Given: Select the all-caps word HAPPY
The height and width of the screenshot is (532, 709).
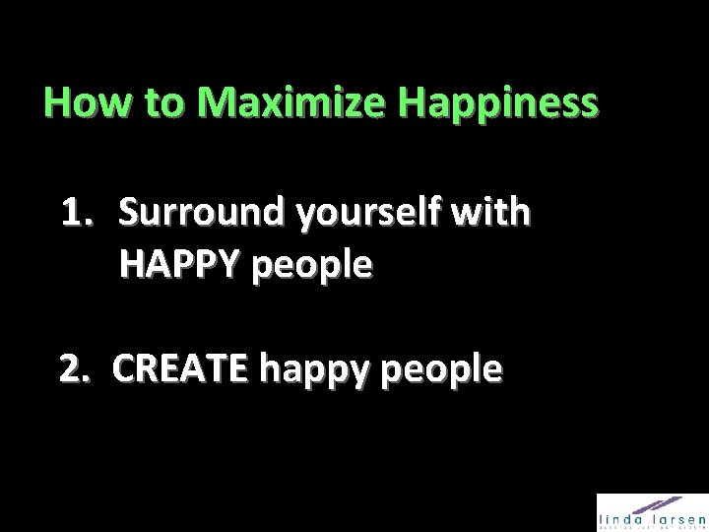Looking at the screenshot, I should (181, 266).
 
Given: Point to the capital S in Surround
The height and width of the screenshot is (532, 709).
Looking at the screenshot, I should (132, 213).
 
